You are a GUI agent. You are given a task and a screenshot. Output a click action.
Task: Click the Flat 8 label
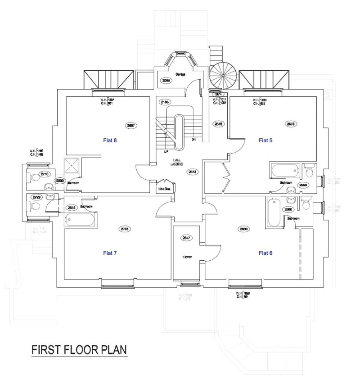click(x=108, y=140)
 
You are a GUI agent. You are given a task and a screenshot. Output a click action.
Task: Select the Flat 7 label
click(x=108, y=253)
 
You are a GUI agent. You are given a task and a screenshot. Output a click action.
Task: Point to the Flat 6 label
click(x=266, y=253)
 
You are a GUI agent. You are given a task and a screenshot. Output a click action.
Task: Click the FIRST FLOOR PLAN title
click(x=79, y=350)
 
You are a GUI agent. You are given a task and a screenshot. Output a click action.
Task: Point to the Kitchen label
click(x=187, y=257)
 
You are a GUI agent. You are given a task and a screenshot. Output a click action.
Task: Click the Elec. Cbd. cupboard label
click(x=164, y=189)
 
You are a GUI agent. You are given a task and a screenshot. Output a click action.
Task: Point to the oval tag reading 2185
click(x=165, y=103)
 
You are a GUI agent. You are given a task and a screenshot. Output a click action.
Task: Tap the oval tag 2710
click(x=45, y=174)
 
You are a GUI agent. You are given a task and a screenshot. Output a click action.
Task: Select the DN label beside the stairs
click(x=193, y=140)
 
